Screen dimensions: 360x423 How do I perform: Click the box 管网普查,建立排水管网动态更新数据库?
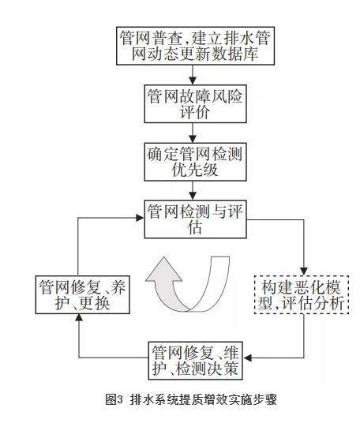195,46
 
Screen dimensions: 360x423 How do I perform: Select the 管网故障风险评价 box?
195,104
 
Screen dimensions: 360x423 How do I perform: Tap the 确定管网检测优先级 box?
195,162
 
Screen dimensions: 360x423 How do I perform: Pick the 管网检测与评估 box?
195,219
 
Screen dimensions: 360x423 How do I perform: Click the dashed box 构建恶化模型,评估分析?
302,294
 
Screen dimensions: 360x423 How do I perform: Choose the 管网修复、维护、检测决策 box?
195,361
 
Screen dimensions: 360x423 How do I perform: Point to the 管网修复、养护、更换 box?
83,294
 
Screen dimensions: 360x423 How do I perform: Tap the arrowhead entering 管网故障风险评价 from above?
193,81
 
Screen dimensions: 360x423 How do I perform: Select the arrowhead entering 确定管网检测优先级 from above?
193,139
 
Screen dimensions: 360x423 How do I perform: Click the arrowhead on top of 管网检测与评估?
193,197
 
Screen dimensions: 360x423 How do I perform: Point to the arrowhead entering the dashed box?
304,271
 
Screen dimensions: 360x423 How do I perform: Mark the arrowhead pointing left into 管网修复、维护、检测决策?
247,358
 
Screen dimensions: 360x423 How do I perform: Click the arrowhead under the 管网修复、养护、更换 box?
79,318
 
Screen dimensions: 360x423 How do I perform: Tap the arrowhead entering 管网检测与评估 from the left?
141,218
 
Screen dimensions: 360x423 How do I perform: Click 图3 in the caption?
114,399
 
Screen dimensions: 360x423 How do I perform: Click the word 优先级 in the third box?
195,170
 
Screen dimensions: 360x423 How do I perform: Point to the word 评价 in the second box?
195,112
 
